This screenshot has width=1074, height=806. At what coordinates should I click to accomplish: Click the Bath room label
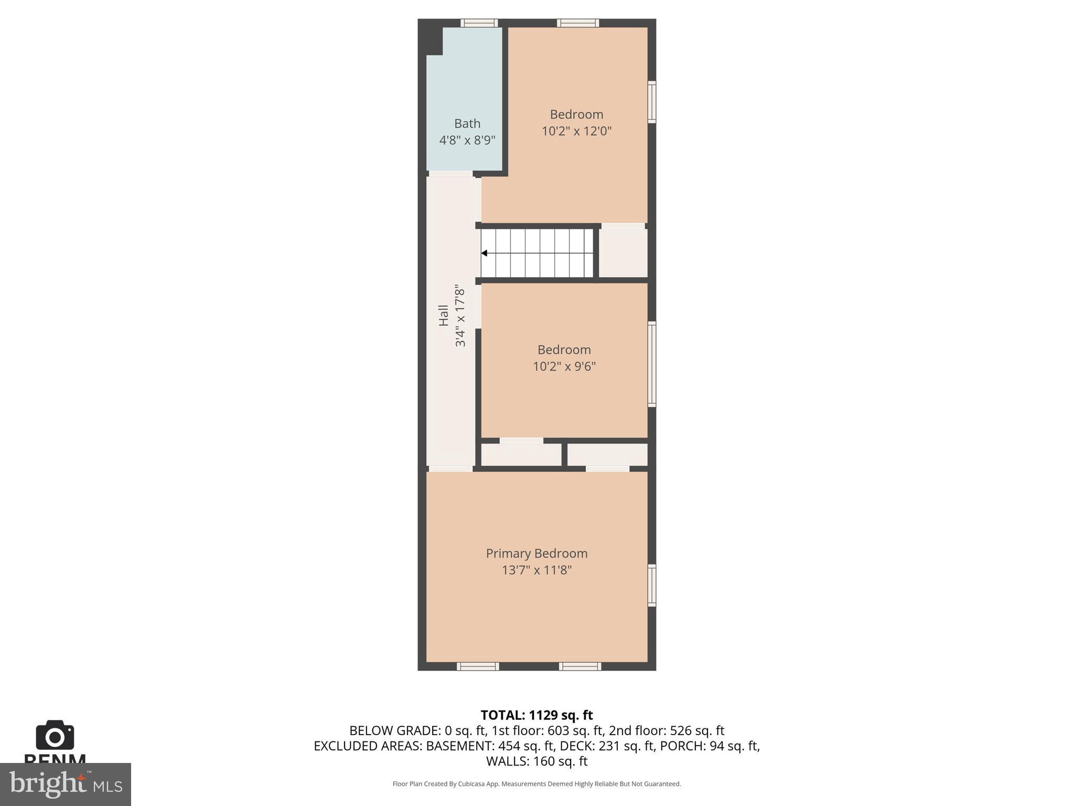(x=467, y=123)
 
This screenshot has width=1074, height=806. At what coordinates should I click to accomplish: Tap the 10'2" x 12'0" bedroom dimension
(x=576, y=131)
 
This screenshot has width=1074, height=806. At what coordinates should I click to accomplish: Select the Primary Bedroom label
(x=536, y=553)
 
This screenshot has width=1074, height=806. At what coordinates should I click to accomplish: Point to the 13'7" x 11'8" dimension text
(x=536, y=570)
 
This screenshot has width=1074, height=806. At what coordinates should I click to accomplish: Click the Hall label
(x=444, y=315)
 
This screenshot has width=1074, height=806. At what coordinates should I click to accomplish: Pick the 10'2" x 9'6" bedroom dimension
(x=564, y=366)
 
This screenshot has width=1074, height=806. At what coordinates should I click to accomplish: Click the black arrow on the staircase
(x=485, y=253)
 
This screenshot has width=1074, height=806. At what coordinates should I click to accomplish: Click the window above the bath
(x=479, y=23)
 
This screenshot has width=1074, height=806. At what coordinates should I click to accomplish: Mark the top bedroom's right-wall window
(x=652, y=102)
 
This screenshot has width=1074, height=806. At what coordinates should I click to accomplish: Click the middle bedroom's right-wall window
(x=652, y=364)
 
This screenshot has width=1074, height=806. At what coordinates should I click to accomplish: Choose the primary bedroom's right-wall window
(x=652, y=585)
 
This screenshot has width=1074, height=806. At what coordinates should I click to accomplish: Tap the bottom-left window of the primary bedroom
(x=477, y=666)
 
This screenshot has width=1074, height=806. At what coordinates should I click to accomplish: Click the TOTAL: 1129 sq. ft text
(x=536, y=715)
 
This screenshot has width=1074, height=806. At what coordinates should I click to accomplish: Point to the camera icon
(x=55, y=735)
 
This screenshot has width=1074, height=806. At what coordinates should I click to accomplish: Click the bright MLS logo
(x=65, y=784)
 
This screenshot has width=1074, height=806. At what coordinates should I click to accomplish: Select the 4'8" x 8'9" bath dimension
(x=467, y=140)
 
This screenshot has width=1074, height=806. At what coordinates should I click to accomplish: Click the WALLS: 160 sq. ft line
(x=536, y=761)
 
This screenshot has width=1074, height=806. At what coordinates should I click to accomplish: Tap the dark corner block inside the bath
(x=434, y=40)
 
